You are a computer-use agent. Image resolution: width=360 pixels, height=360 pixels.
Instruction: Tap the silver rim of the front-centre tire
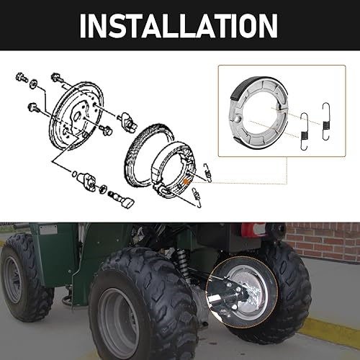point(118,312)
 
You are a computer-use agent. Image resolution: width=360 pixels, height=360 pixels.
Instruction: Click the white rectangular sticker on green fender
point(48,230)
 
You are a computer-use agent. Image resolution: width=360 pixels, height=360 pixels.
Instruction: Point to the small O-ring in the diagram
point(75,172)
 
